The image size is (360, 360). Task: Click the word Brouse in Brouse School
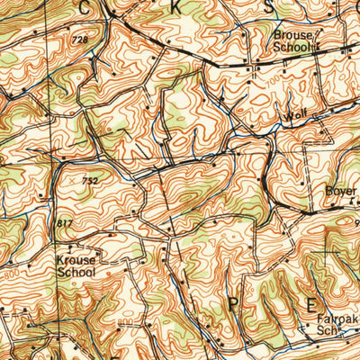pyautogui.click(x=292, y=35)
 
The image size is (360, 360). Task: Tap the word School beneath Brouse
pyautogui.click(x=292, y=47)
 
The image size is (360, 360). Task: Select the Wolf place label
pyautogui.click(x=296, y=116)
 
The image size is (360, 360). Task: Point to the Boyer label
pyautogui.click(x=341, y=192)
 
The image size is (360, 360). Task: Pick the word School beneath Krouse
pyautogui.click(x=76, y=269)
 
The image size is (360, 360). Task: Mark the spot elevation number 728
pyautogui.click(x=80, y=40)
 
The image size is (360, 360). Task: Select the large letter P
pyautogui.click(x=235, y=305)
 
